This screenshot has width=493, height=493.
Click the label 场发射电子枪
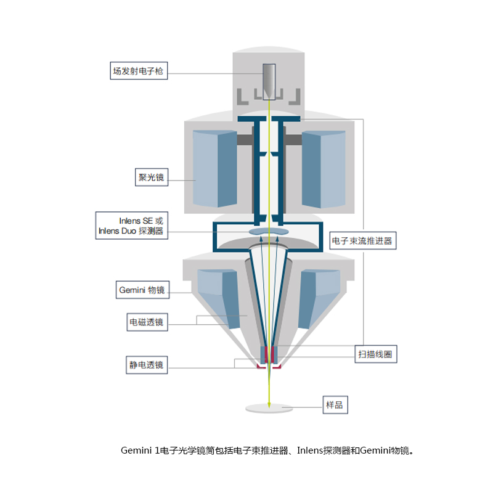click(x=139, y=71)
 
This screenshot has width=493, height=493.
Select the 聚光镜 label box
click(x=152, y=177)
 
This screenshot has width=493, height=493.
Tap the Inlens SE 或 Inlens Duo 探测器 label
click(x=132, y=226)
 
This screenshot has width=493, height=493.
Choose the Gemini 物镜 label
click(x=142, y=290)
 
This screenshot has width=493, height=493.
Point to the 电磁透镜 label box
click(x=147, y=322)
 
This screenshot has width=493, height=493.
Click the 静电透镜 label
click(x=147, y=365)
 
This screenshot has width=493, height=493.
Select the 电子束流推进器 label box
click(x=363, y=241)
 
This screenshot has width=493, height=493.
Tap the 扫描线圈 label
click(x=376, y=354)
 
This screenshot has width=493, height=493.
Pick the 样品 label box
click(x=335, y=405)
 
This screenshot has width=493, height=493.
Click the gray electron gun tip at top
click(x=269, y=82)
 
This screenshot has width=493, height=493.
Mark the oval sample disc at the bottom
click(x=269, y=408)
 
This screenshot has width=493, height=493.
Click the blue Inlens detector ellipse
click(x=269, y=232)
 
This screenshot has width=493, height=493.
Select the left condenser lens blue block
click(x=214, y=169)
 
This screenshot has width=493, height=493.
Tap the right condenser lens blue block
click(x=324, y=169)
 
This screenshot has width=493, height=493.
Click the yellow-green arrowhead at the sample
click(x=269, y=405)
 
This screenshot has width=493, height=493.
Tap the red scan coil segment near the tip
click(x=267, y=354)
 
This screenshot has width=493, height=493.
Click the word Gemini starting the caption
click(x=136, y=450)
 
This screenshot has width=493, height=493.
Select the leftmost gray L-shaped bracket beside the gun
click(x=242, y=97)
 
